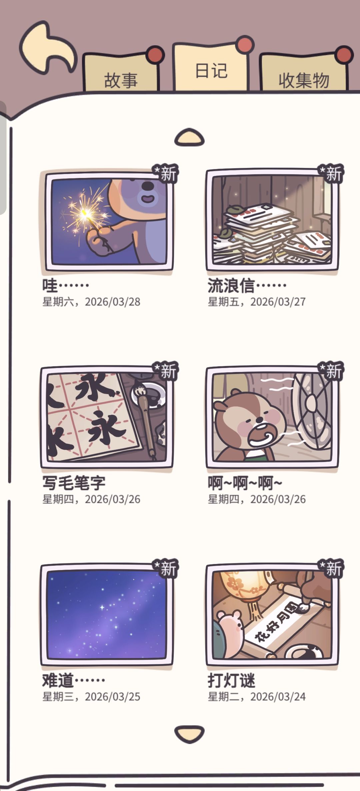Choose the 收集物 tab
click(x=303, y=73)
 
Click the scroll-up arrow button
click(x=189, y=137)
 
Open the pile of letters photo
click(x=272, y=220)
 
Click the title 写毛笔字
click(x=74, y=483)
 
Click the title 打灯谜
click(x=232, y=680)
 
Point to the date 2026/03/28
click(x=112, y=302)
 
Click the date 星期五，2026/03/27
click(x=257, y=302)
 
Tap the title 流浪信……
click(x=247, y=285)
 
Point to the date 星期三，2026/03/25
click(x=91, y=697)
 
